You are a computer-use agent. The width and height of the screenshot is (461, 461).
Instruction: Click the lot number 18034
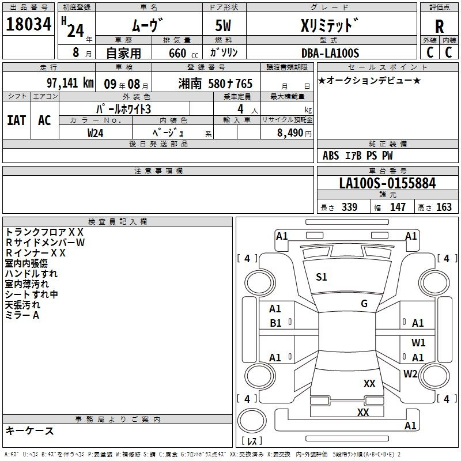(x=28, y=24)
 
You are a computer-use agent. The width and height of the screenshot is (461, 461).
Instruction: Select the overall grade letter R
(x=439, y=27)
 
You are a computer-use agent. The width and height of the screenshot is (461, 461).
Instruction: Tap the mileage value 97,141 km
(x=70, y=83)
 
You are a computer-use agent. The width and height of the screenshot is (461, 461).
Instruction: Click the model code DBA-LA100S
(x=330, y=53)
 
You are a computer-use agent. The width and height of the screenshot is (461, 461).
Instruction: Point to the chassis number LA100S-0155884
(x=387, y=183)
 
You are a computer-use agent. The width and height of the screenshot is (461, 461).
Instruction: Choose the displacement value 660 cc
(x=183, y=53)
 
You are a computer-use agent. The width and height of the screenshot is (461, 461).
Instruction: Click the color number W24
(x=95, y=133)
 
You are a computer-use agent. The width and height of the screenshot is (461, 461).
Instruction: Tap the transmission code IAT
(x=17, y=120)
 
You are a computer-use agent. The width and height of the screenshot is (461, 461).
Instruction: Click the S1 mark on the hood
(x=322, y=277)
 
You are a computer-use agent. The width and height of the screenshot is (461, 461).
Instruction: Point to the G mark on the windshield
(x=364, y=303)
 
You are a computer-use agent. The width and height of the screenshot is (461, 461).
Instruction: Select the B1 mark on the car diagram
(x=275, y=323)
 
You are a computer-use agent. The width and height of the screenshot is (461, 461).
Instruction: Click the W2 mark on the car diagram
(x=410, y=373)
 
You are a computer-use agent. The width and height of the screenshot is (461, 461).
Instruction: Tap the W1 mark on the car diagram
(x=418, y=342)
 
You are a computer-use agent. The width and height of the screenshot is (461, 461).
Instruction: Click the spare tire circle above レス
(x=252, y=421)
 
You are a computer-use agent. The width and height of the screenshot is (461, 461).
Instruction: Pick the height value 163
(x=444, y=207)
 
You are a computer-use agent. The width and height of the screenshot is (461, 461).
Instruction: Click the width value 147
(x=398, y=207)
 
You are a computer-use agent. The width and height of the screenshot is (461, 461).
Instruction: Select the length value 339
(x=350, y=207)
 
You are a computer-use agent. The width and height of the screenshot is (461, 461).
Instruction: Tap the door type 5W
(x=223, y=25)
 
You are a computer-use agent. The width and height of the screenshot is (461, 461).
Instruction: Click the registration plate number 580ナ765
(x=230, y=84)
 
